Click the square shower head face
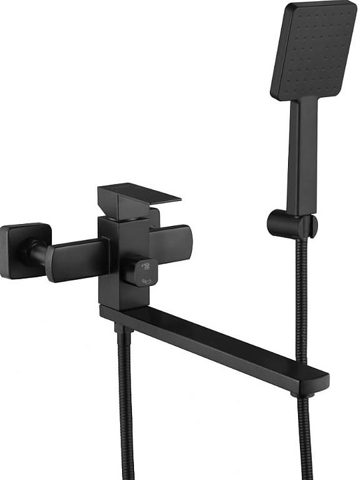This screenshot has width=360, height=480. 313,50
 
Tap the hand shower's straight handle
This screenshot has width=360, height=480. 303,153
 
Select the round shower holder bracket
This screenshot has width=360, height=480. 291,224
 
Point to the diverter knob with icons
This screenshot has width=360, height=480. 142,271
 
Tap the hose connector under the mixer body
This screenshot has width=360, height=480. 121,328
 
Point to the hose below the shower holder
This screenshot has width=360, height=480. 301,300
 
